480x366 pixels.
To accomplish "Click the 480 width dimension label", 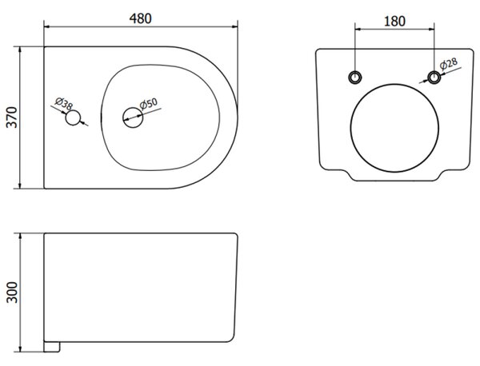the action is click(141, 18).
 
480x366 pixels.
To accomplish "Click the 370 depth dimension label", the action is click(12, 117).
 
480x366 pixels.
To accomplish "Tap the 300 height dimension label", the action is click(12, 292).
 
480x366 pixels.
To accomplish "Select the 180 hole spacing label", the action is click(394, 21).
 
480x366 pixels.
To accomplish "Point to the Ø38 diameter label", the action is click(64, 104).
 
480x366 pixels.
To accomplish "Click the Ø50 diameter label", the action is click(149, 103).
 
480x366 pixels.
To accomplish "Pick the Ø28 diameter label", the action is click(449, 63).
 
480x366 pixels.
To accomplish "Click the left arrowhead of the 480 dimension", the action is click(47, 27).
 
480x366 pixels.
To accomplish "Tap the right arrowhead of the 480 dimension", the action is click(234, 27).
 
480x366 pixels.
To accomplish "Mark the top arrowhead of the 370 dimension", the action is click(20, 50).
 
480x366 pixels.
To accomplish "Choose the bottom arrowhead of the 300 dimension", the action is click(20, 349).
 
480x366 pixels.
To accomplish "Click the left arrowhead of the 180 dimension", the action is click(358, 30).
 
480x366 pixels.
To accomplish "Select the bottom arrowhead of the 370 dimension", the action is click(20, 185).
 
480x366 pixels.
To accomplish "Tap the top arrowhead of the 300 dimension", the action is click(20, 237).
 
